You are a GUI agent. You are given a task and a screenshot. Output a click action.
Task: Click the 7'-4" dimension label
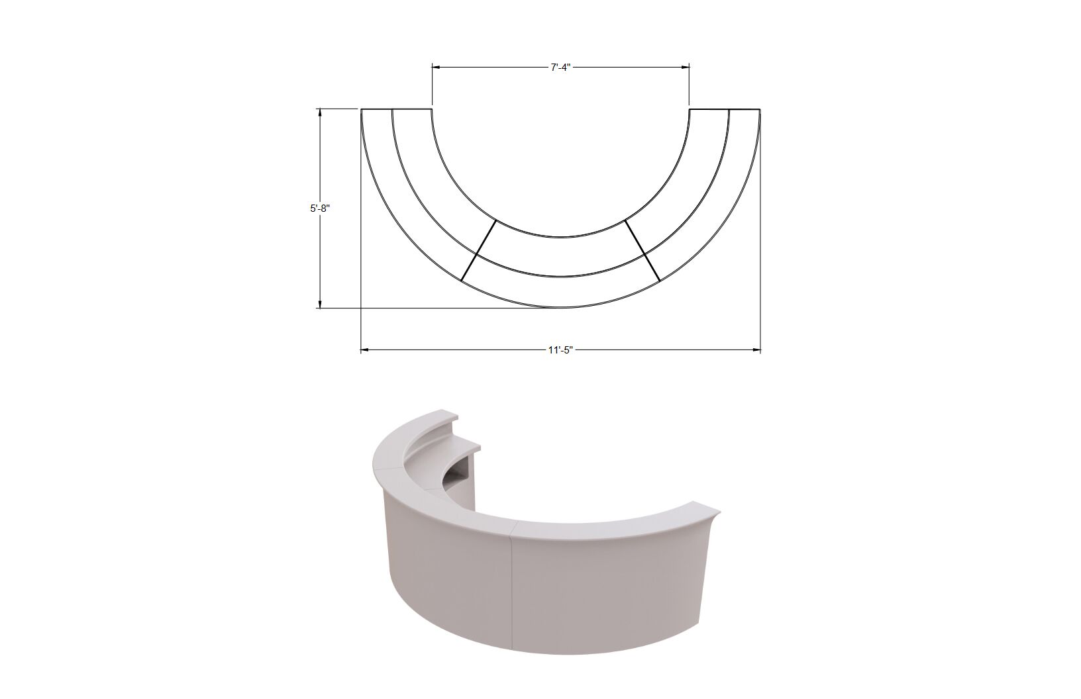point(560,68)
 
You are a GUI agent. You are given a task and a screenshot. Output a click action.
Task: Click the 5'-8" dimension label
point(319,209)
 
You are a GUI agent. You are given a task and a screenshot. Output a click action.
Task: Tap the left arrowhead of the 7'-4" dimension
point(436,68)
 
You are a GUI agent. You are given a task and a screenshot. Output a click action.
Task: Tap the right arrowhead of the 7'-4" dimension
point(686,68)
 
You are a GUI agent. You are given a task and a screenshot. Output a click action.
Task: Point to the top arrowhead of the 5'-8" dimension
point(319,113)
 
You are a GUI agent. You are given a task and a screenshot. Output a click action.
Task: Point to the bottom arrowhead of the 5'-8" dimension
point(319,304)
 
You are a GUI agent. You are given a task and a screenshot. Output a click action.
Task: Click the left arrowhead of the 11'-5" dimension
point(366,350)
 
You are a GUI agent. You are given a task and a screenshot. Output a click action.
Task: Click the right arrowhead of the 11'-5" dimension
point(756,350)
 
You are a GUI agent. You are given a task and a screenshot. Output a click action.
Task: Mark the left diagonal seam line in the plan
point(478,250)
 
